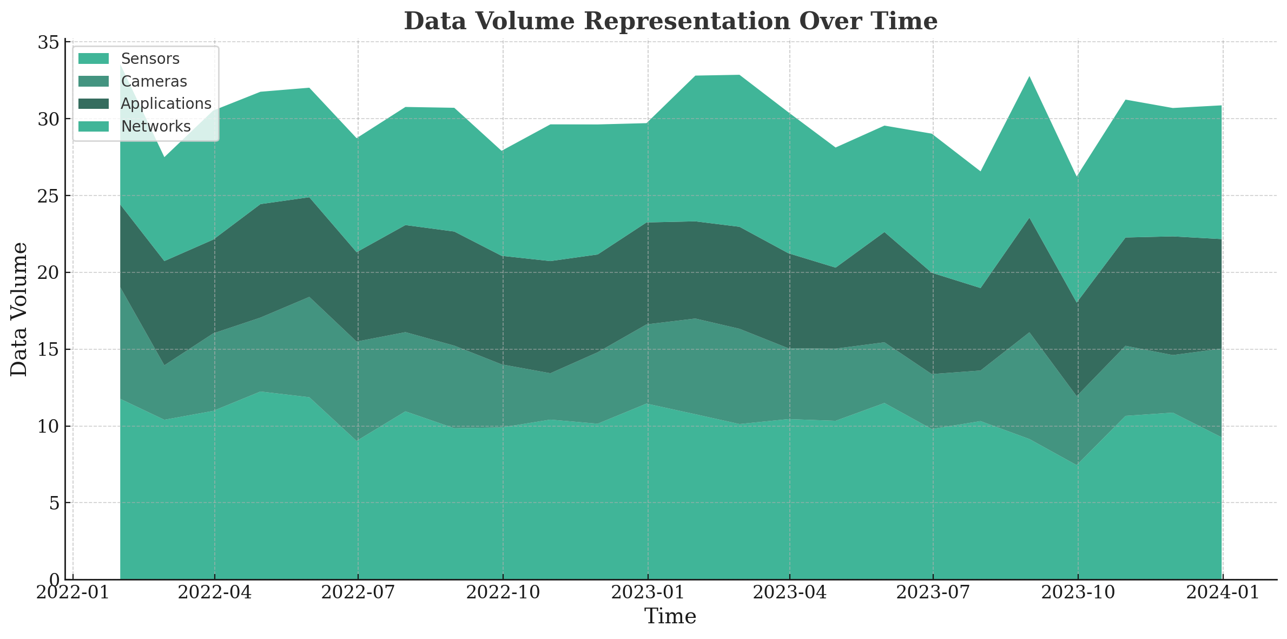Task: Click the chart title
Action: (670, 22)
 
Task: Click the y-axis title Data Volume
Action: (19, 309)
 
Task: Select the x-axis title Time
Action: (670, 616)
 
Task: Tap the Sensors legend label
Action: (150, 58)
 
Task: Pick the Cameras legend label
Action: (154, 82)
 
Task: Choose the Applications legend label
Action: (166, 103)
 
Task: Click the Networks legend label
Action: (156, 126)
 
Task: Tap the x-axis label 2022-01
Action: (73, 593)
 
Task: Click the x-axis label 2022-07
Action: (358, 593)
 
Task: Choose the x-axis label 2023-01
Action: (648, 593)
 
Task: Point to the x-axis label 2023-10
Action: (1078, 593)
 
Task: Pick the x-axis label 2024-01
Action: (1223, 593)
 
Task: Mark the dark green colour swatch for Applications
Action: (94, 103)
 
